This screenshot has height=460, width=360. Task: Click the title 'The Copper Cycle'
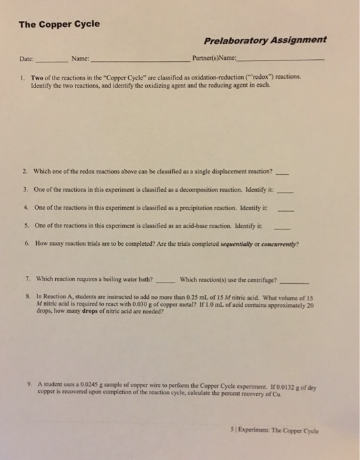click(x=59, y=24)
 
